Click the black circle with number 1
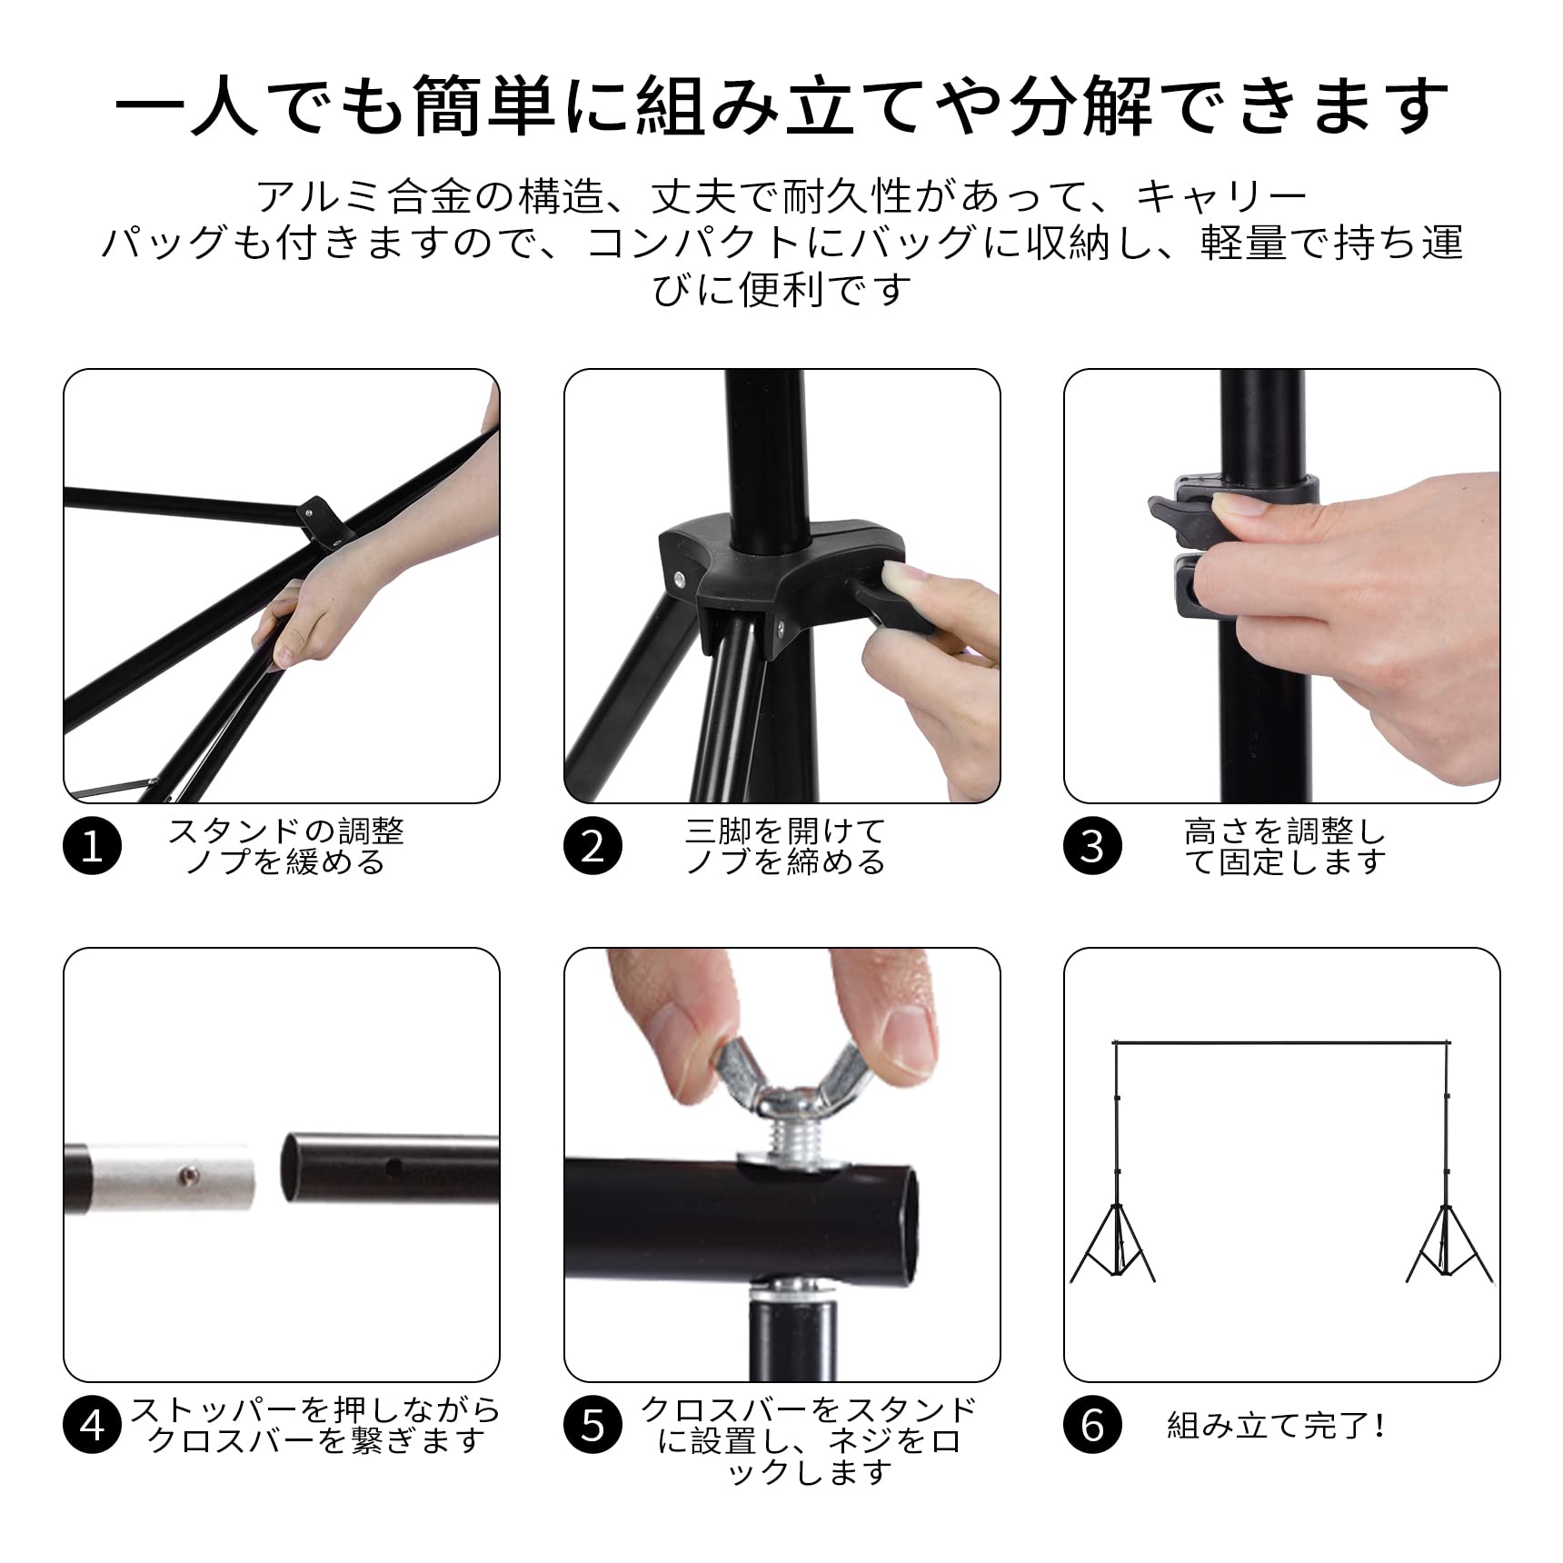(92, 847)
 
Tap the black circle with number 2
(592, 847)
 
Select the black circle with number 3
(1092, 847)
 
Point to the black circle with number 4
(92, 1426)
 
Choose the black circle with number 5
(592, 1426)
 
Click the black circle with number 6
(1092, 1426)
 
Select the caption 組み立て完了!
(1277, 1426)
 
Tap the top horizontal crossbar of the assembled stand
(1281, 1042)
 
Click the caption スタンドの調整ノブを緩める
(285, 846)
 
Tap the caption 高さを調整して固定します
(1285, 846)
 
